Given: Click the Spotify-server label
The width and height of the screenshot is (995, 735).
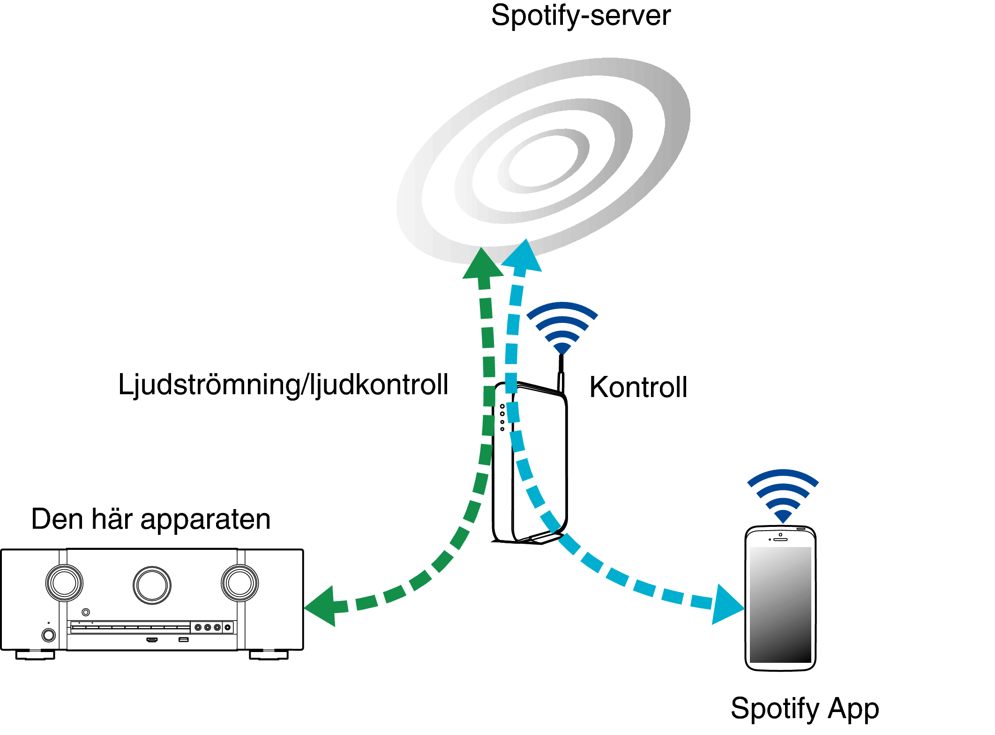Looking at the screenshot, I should point(580,16).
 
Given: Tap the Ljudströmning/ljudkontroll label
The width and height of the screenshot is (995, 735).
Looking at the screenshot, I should point(283,385).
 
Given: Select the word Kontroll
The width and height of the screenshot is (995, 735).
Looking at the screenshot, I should point(638,387).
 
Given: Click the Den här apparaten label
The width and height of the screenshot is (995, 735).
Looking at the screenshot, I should point(151,519).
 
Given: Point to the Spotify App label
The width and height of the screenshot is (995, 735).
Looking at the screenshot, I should point(804,708).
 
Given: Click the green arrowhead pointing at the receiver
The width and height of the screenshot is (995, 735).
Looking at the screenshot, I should point(322,607).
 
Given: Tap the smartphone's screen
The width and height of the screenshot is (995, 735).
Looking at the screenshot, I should point(780,604).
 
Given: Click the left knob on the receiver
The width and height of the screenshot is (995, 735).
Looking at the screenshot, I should point(64,583).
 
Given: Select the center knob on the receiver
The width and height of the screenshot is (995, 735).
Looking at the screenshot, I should point(152,585).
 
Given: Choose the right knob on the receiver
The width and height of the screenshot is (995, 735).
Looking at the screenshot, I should point(239,583).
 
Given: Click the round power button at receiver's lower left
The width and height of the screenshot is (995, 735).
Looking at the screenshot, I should point(48,635).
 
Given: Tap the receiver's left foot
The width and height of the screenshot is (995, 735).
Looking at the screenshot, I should point(35,654).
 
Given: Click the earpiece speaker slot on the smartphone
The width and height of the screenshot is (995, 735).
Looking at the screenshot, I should point(780,540).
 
